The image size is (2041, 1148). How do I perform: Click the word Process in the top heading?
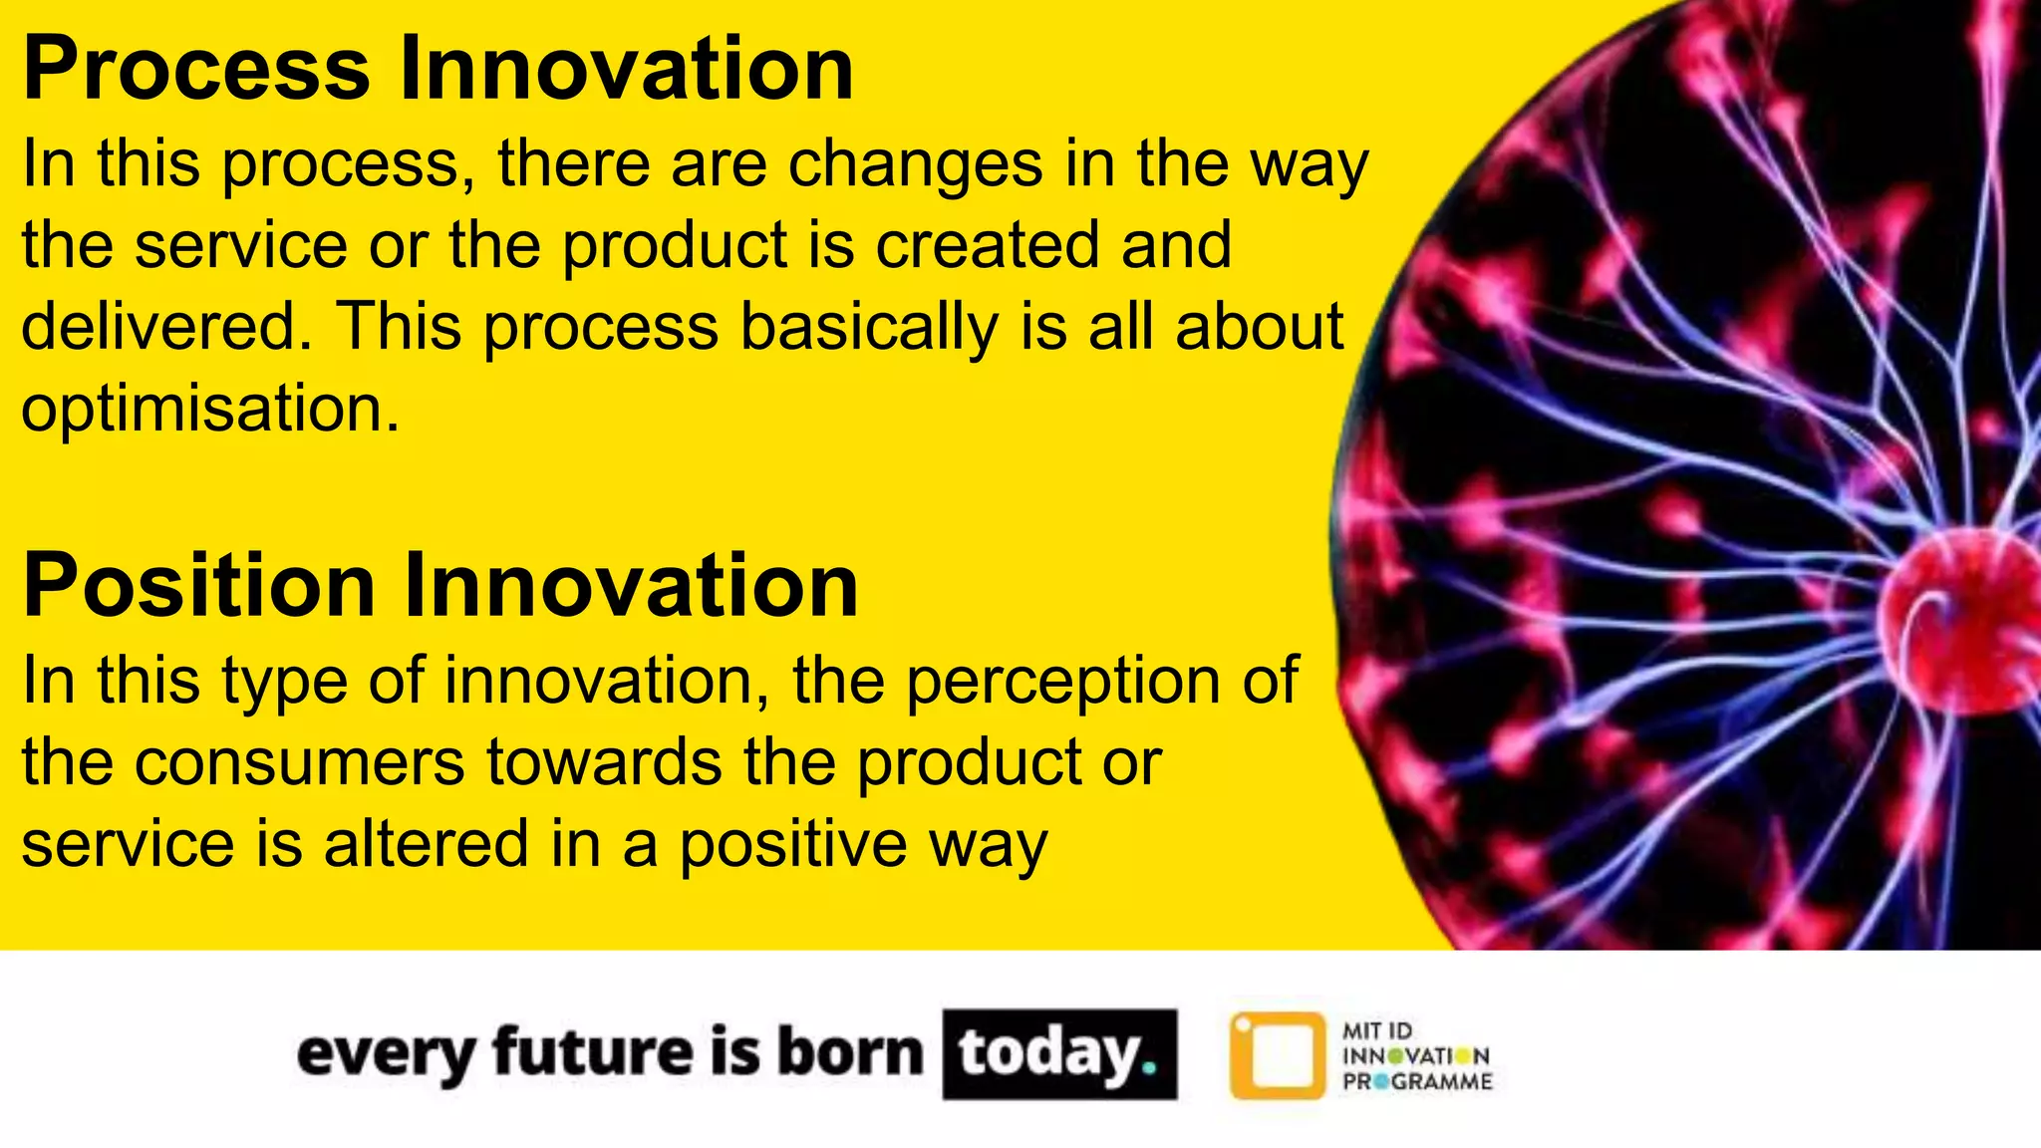196,70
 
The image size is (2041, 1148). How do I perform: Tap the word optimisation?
210,410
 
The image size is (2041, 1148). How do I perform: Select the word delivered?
159,327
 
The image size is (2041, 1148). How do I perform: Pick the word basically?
868,329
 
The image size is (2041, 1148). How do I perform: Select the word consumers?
299,763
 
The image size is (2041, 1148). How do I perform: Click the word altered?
426,844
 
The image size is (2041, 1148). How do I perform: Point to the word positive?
792,846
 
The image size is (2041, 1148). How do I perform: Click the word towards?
603,763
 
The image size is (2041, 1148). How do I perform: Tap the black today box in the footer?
1059,1054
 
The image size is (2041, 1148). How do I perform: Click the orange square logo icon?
1278,1056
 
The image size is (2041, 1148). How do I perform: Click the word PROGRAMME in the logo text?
1417,1082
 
